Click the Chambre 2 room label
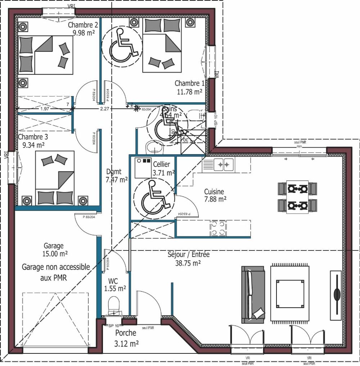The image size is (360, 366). point(83,25)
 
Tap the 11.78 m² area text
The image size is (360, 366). point(189,92)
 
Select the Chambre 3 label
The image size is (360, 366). point(33,137)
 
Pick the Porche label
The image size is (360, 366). point(125,333)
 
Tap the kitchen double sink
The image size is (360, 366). point(222,165)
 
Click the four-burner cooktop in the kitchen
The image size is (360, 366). point(218,228)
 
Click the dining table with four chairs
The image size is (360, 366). point(298,197)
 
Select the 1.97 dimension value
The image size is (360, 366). point(45,108)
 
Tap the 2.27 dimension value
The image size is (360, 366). point(104,108)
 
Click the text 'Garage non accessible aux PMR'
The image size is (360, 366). point(55,272)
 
